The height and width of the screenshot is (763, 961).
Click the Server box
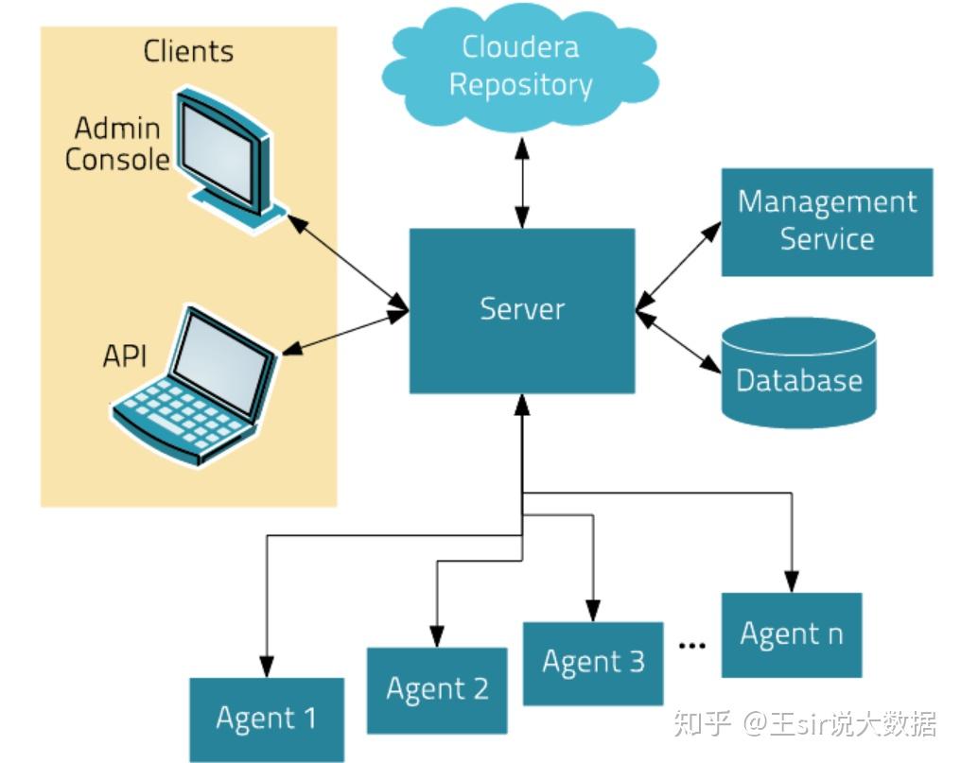[521, 310]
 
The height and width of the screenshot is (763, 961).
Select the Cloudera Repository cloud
[520, 66]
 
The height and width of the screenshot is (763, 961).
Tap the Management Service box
[827, 221]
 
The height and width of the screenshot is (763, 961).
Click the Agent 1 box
[267, 720]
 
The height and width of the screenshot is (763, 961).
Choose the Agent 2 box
[437, 689]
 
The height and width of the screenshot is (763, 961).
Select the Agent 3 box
[593, 662]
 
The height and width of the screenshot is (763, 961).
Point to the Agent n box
[791, 634]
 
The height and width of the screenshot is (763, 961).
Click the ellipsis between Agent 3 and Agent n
[692, 645]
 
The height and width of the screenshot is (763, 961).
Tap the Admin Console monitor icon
[222, 156]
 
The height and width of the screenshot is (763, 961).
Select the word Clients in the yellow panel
[188, 51]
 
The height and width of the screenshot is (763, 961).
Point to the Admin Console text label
[117, 144]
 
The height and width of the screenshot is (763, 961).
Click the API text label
[124, 358]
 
